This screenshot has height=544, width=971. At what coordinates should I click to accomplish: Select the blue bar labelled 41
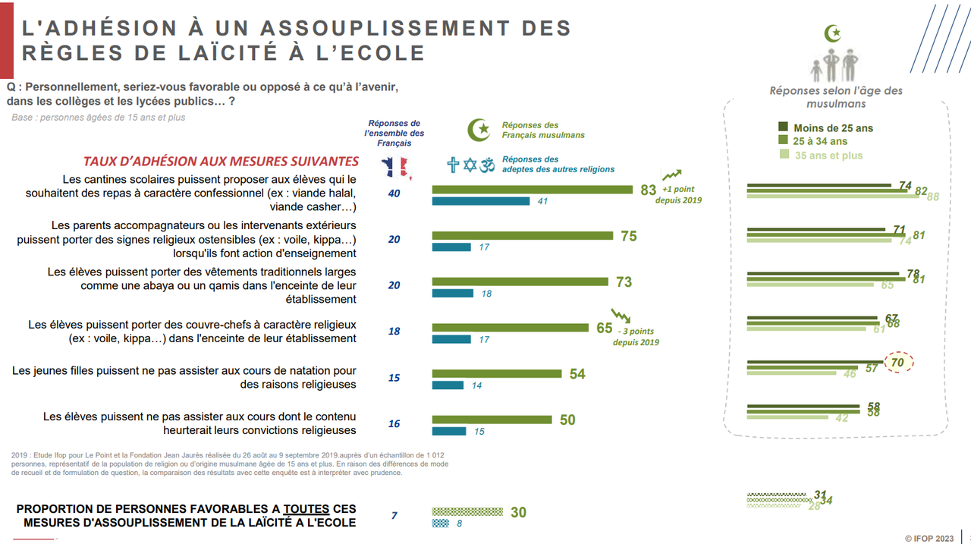(481, 201)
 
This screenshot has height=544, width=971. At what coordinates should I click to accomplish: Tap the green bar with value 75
(522, 236)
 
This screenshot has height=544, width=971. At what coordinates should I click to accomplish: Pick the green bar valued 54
(497, 373)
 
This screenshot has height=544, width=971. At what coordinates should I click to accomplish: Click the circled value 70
(897, 363)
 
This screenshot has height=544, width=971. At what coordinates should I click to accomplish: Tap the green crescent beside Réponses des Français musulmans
(479, 130)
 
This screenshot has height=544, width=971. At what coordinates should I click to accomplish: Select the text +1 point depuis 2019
(681, 194)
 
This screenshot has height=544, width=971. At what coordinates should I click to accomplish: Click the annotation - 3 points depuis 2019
(635, 336)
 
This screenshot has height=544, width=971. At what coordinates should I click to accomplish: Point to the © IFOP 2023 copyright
(929, 537)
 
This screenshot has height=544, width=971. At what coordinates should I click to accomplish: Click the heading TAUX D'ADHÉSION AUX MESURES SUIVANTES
(221, 161)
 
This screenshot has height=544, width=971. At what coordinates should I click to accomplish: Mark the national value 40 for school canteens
(394, 193)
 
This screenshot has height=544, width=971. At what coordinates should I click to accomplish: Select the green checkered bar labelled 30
(467, 511)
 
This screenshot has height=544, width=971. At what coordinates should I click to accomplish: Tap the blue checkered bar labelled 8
(441, 523)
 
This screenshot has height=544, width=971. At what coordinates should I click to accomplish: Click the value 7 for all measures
(394, 516)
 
